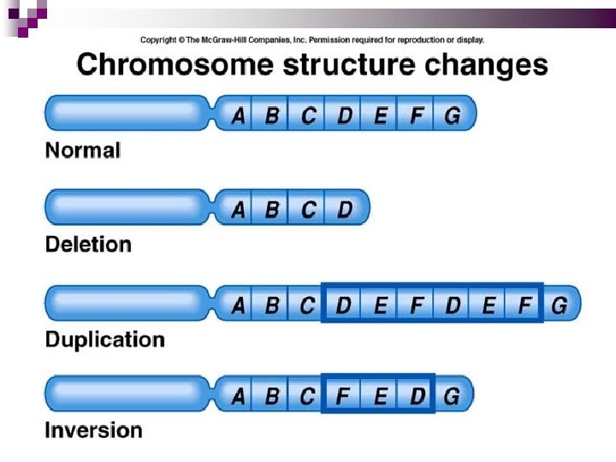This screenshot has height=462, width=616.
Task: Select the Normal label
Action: (83, 151)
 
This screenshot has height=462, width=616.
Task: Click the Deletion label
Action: (88, 245)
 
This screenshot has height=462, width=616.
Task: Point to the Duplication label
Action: (104, 340)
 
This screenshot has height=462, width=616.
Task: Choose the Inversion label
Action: (93, 430)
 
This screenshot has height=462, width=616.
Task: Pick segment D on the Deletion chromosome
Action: (345, 210)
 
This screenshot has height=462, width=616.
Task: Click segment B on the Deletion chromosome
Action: (272, 210)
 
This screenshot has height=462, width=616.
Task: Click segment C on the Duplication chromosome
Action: (307, 305)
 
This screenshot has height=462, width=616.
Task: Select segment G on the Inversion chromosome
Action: (451, 396)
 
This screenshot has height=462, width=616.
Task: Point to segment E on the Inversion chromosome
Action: (380, 396)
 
